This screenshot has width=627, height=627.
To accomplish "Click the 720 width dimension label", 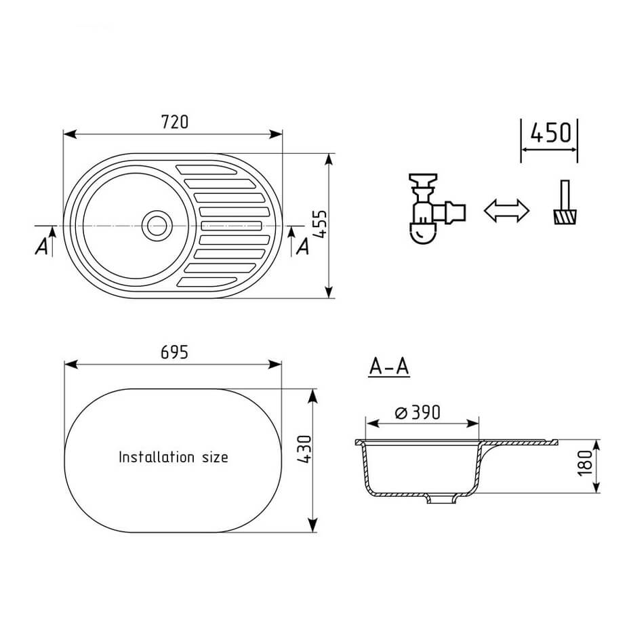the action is pos(175,121).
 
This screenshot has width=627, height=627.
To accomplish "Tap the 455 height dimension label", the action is pos(321,225).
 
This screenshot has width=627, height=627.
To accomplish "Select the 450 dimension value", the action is pos(550,133).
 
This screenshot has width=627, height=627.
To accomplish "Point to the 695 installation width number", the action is pos(174,352).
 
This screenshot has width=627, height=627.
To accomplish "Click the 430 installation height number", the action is pos(304,449).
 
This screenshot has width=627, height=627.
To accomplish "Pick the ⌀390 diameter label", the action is pos(418,412).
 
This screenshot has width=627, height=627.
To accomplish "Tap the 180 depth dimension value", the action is pos(585,463).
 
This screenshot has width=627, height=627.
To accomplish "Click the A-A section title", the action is pos(389,366).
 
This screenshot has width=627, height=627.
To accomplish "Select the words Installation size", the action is pos(174,457).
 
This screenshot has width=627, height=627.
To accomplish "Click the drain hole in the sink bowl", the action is pos(157,226).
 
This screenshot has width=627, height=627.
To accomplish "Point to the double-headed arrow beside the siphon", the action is pos(506,210).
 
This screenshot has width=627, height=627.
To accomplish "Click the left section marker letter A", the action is pos(41,246).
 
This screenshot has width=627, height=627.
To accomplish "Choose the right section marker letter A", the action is pos(303,246).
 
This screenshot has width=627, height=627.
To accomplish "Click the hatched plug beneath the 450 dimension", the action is pos(565,216).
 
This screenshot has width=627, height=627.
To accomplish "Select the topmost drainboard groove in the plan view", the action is pos(206,170).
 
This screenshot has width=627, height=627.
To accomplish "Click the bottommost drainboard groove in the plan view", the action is pos(206,282).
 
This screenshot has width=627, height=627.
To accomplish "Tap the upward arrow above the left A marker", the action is pos(52,241).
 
